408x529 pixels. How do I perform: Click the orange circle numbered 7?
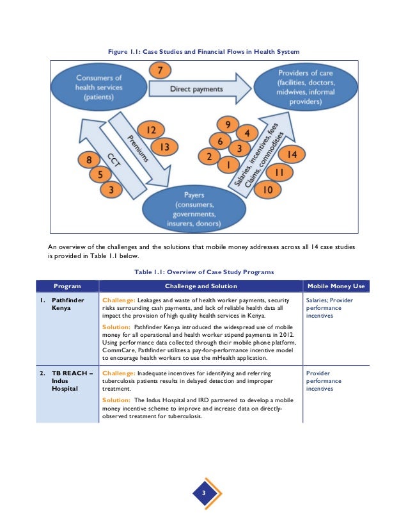click(161, 70)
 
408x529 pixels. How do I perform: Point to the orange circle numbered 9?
click(224, 124)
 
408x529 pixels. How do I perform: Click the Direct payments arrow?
click(196, 90)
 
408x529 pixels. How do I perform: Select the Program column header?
click(67, 286)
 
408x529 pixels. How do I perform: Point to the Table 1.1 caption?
click(204, 272)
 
